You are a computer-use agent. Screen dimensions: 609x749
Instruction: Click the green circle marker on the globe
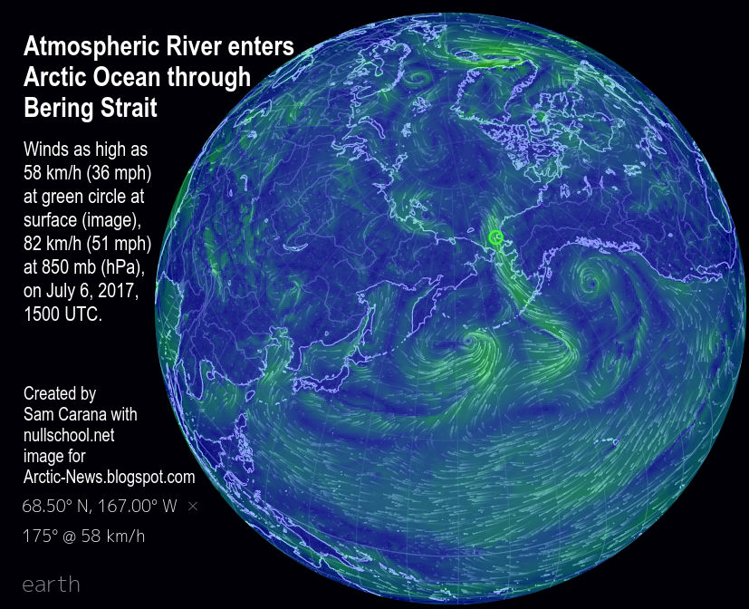coord(496,237)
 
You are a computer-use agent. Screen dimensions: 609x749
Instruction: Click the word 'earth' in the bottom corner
coord(51,584)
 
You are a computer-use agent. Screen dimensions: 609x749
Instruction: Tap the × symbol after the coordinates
coord(192,507)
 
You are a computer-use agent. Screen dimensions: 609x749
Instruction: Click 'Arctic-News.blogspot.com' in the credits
coord(109,477)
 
